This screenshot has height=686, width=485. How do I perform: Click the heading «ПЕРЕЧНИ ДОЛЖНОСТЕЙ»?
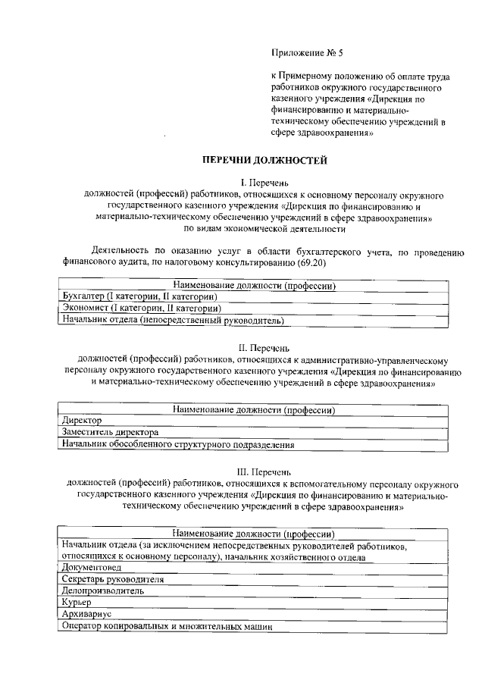coord(263,160)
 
